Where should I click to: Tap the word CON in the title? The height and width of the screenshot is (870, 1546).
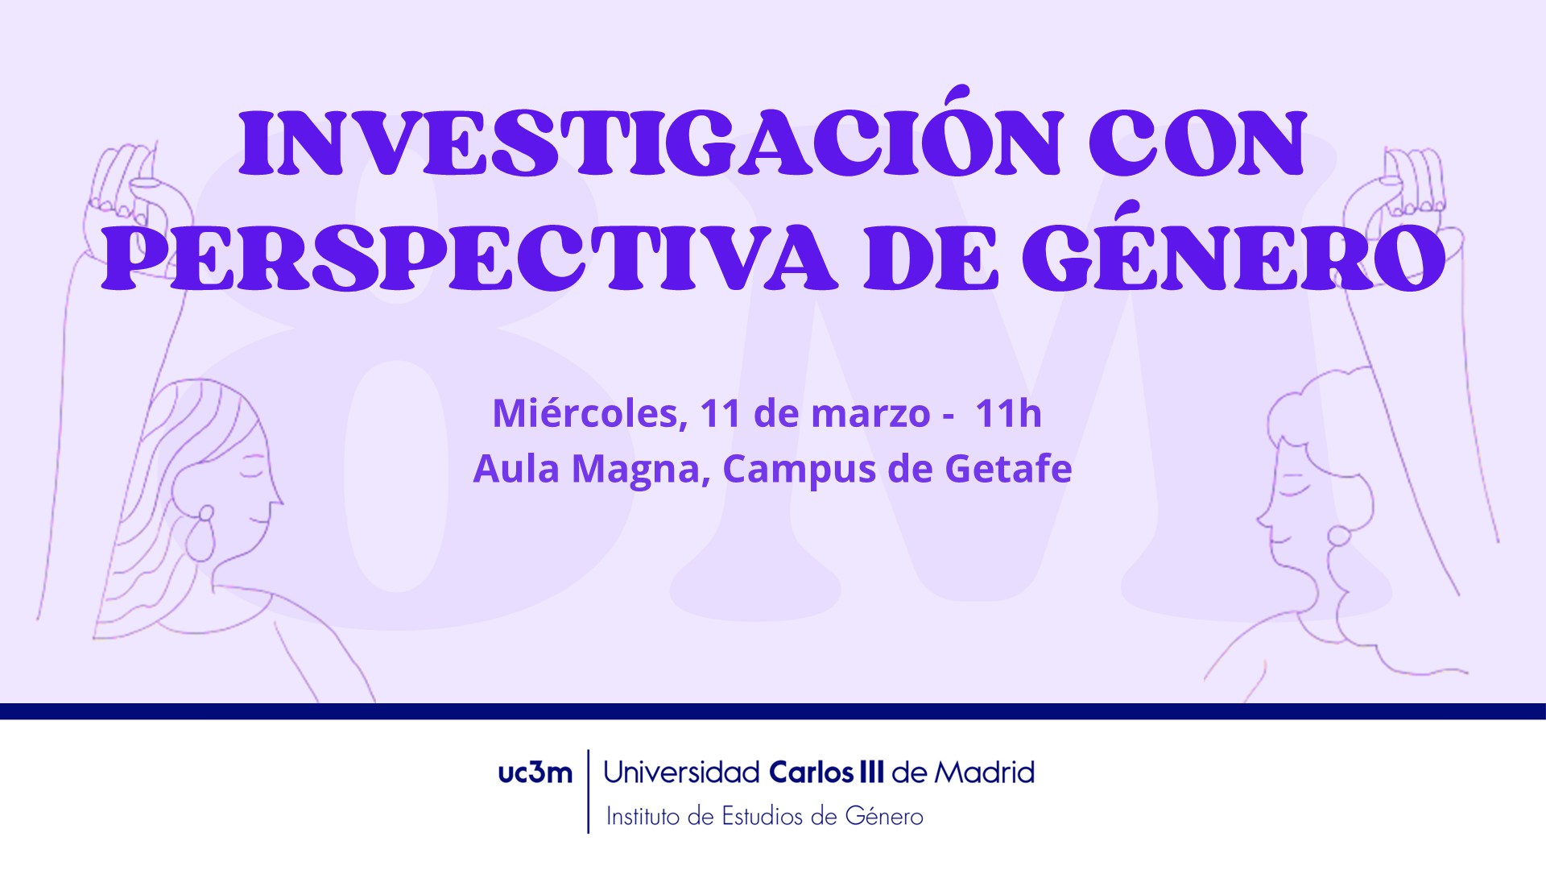tap(1197, 143)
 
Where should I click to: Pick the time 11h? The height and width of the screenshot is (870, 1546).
tap(1008, 413)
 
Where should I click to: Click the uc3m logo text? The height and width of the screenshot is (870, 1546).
tap(535, 773)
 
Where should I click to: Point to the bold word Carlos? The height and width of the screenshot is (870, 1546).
tap(812, 773)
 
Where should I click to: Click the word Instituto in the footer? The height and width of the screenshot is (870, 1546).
tap(643, 816)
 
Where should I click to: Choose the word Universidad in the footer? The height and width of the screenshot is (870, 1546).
tap(681, 773)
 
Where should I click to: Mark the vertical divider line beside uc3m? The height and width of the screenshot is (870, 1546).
tap(589, 791)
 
